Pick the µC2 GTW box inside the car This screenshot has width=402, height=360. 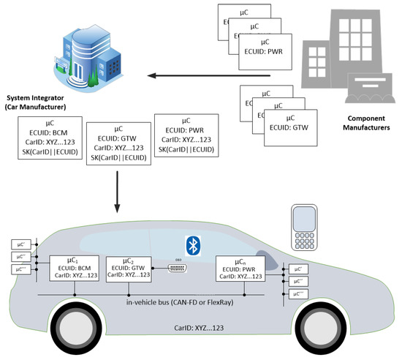130,269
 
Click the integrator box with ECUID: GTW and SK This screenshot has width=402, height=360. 118,144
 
